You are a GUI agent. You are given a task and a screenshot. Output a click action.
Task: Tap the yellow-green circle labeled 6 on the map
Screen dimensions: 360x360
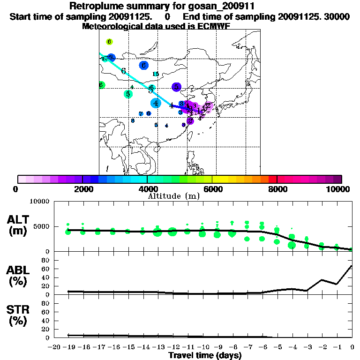pos(109,42)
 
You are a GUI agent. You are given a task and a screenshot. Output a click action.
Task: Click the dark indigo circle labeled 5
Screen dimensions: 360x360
pos(176,87)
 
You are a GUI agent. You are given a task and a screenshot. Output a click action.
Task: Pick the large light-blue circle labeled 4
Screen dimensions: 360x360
pos(156,103)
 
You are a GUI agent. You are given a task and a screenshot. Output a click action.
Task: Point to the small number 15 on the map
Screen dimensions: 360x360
pos(156,74)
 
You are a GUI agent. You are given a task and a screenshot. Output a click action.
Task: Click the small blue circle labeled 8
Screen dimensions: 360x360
pos(133,120)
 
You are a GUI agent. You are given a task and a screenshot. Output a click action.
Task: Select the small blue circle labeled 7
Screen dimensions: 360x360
pos(141,114)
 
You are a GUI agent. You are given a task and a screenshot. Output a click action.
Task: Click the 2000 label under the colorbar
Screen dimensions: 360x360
pos(82,189)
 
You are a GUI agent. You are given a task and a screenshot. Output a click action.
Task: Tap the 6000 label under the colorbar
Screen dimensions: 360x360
pos(212,189)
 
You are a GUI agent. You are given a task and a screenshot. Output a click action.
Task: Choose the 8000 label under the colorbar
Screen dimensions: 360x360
pos(277,189)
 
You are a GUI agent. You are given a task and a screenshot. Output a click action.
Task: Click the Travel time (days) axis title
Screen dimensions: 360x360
pos(205,356)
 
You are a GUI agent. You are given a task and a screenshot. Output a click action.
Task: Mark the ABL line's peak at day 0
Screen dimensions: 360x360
pos(352,266)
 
